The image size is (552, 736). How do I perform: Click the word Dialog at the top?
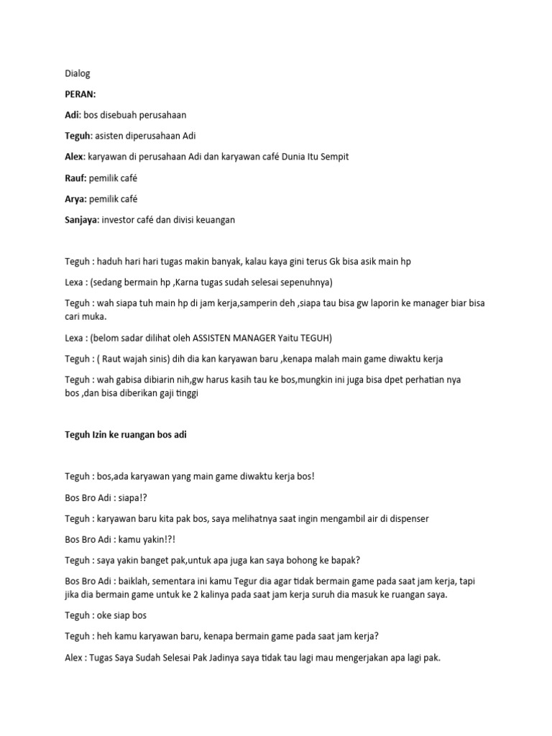coord(78,73)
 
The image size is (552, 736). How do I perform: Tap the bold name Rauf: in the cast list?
coord(75,178)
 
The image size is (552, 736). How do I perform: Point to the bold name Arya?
coord(75,198)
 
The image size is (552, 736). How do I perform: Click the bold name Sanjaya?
coord(84,220)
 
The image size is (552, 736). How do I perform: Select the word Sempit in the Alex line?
coord(331,157)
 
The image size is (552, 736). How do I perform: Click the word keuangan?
coord(213,220)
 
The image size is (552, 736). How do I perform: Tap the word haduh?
coord(116,262)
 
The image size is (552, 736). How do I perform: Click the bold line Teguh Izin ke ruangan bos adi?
coord(126,435)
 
